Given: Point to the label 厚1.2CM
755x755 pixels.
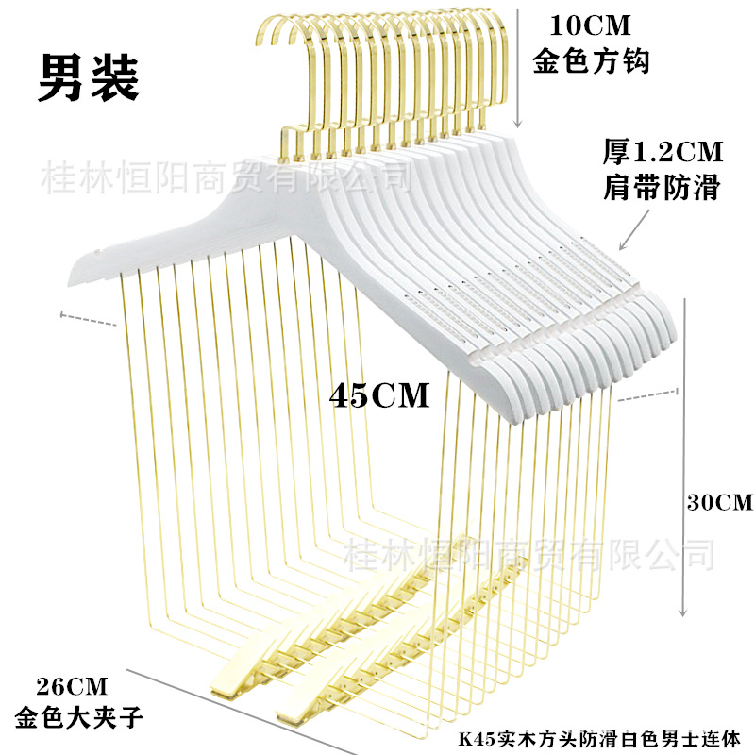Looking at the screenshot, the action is [x=662, y=151].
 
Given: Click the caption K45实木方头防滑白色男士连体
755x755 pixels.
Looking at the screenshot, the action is [x=605, y=735].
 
